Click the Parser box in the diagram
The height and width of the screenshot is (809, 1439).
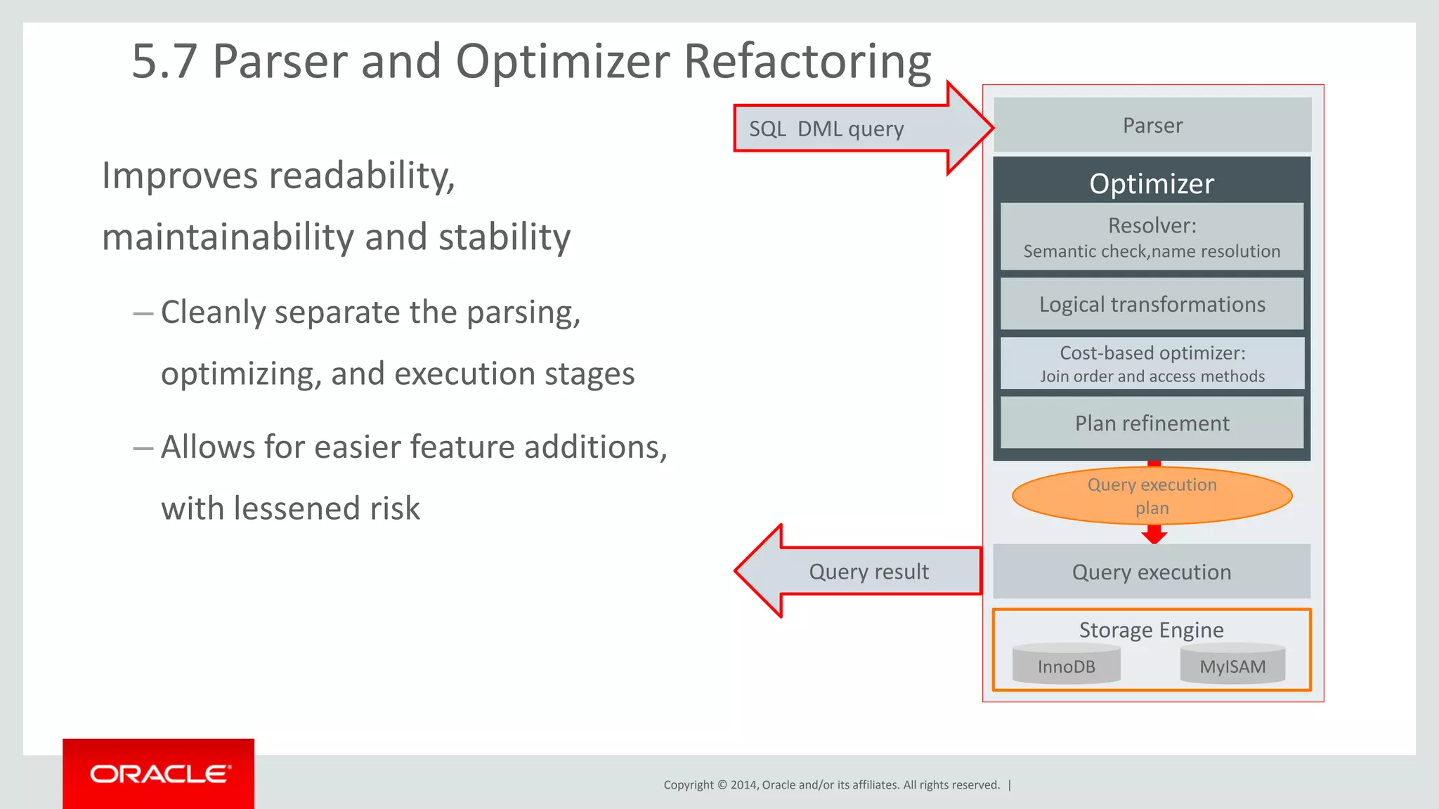(1152, 125)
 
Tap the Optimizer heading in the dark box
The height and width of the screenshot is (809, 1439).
(1152, 183)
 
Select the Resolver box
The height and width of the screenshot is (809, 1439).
(1152, 237)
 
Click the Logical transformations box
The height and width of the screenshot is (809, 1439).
(1152, 304)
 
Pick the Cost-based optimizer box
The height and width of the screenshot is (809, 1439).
(1152, 363)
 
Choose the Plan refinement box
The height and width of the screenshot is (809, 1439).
(1152, 423)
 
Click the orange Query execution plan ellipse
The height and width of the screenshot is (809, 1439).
(1152, 496)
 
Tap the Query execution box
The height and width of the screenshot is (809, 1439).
(1152, 572)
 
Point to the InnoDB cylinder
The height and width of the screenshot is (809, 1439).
(1066, 666)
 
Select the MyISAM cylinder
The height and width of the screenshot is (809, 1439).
(1232, 666)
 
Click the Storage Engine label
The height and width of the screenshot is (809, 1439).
(1151, 629)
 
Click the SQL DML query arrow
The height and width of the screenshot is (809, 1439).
(843, 129)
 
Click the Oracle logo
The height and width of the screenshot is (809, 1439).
(159, 774)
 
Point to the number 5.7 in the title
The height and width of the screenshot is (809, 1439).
(164, 61)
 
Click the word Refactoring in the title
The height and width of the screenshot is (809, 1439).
(807, 61)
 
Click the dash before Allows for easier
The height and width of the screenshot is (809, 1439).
(143, 447)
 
